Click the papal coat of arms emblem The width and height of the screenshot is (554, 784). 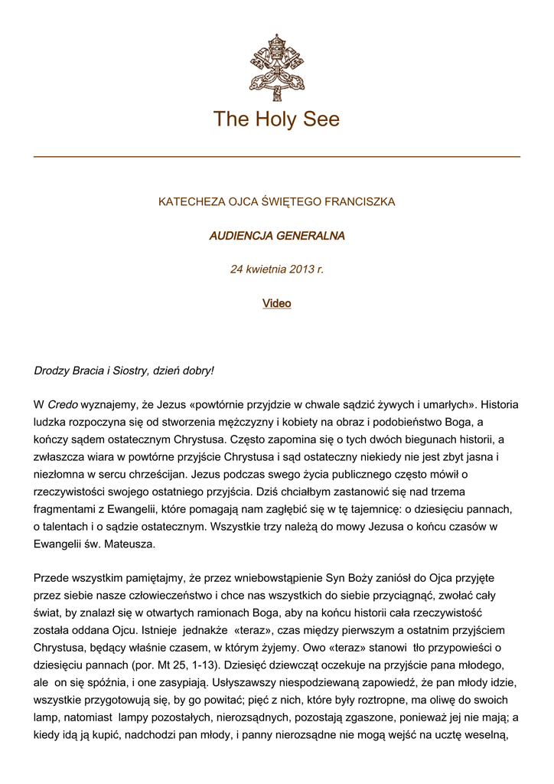pos(276,67)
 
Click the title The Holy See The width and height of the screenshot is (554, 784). pos(276,119)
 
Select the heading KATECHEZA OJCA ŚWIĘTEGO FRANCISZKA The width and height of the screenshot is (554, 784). pos(276,202)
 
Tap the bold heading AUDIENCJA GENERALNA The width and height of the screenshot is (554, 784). pos(276,236)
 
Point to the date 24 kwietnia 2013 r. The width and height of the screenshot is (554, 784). pos(276,269)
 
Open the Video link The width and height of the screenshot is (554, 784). pos(276,303)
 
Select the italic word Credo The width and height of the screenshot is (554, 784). pos(63,404)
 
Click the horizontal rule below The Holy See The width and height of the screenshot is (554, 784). pos(276,157)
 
